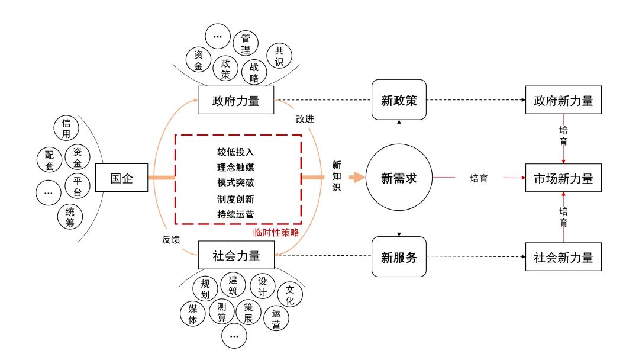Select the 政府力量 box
(235, 101)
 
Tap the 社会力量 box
(235, 256)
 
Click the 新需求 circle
(399, 178)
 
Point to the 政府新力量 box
(563, 101)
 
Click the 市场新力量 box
(563, 178)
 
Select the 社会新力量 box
(563, 258)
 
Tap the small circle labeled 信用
(66, 129)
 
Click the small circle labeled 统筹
(70, 217)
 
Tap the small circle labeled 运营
(276, 318)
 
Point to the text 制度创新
(235, 198)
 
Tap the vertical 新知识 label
(337, 176)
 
